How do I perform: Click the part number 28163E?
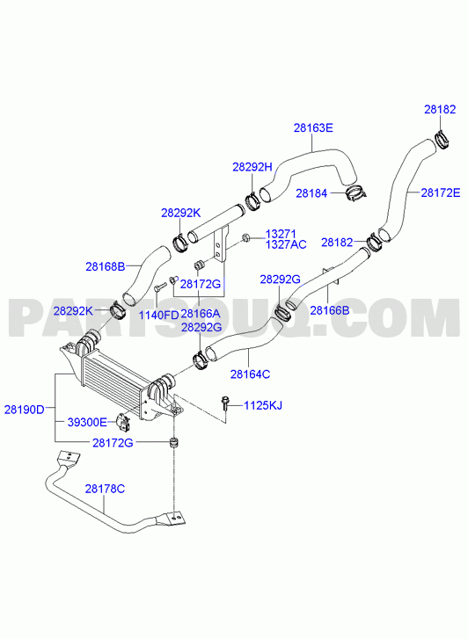313,127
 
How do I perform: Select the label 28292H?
252,167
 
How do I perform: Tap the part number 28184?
311,193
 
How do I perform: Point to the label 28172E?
440,192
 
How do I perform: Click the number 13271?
281,234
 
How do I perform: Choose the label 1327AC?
286,244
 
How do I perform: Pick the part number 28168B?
106,266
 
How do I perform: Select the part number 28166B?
330,310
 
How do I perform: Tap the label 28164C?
250,374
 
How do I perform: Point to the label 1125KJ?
263,405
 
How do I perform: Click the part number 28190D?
24,410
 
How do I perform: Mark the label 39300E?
87,422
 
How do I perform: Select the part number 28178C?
105,489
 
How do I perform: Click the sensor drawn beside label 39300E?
121,422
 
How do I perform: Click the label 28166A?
200,314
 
